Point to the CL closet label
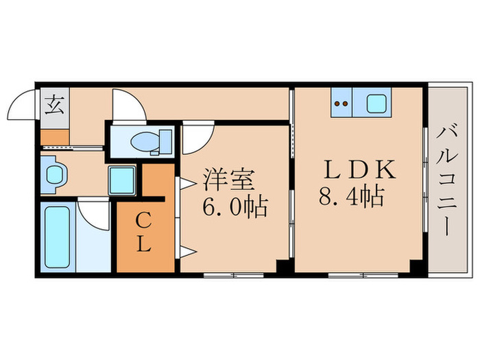[x=142, y=232]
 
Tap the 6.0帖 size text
[x=235, y=204]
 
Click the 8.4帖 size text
[x=352, y=199]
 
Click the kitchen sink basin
[x=377, y=104]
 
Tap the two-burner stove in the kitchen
[x=341, y=104]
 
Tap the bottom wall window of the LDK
[x=357, y=276]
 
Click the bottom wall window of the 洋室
[x=232, y=276]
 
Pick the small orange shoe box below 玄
[x=54, y=136]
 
